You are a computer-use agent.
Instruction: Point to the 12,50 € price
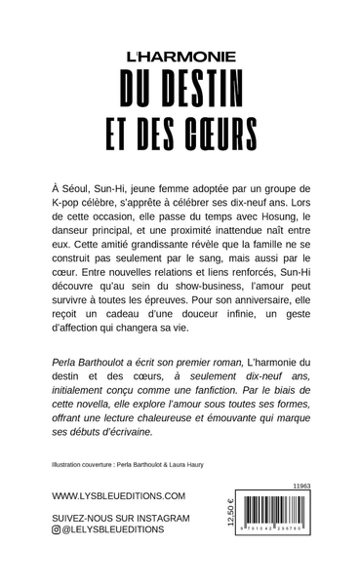(231, 537)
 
